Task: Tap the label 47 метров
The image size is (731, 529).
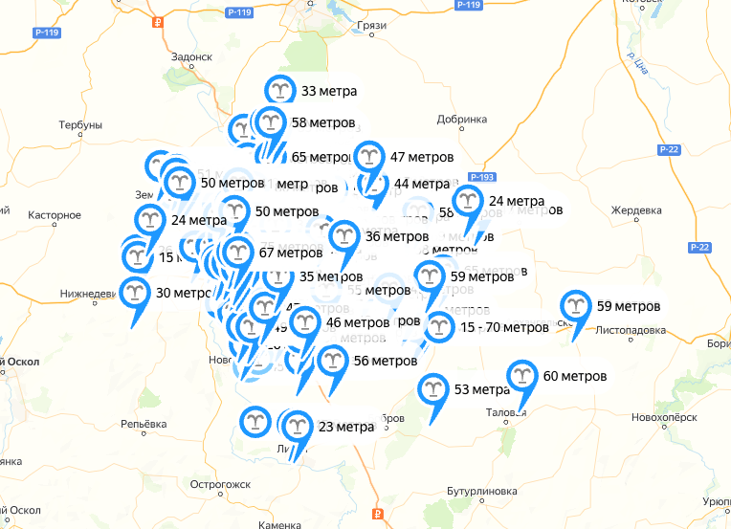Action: click(422, 157)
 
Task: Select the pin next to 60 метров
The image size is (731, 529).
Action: click(521, 375)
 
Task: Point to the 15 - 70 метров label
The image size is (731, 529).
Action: click(504, 327)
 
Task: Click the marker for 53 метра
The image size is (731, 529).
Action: click(432, 389)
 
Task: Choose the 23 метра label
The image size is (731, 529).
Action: click(345, 427)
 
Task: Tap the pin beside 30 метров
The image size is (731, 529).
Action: click(135, 293)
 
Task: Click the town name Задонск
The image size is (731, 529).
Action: click(190, 56)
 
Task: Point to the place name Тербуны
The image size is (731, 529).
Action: click(79, 126)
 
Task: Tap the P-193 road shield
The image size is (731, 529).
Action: click(480, 178)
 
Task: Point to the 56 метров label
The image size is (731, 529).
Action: click(385, 361)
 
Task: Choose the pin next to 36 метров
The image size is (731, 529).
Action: click(343, 236)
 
